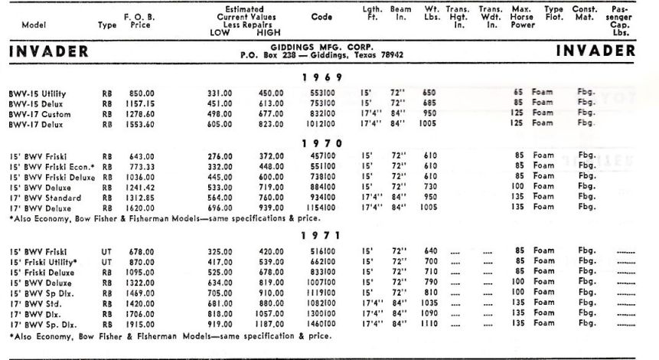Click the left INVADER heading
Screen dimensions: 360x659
click(47, 52)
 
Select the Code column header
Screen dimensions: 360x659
click(322, 16)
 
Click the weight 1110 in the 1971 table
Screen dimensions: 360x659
click(429, 324)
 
